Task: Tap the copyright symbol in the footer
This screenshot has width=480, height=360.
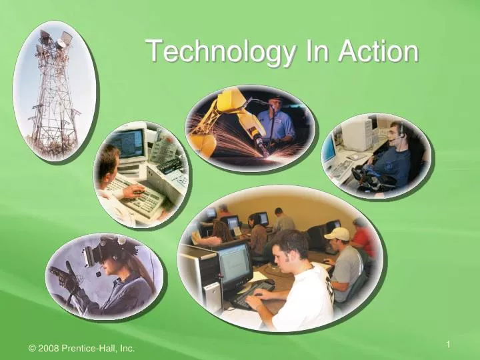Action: (33, 348)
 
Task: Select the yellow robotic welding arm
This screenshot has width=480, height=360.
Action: (230, 113)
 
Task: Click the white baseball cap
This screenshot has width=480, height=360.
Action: (337, 233)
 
